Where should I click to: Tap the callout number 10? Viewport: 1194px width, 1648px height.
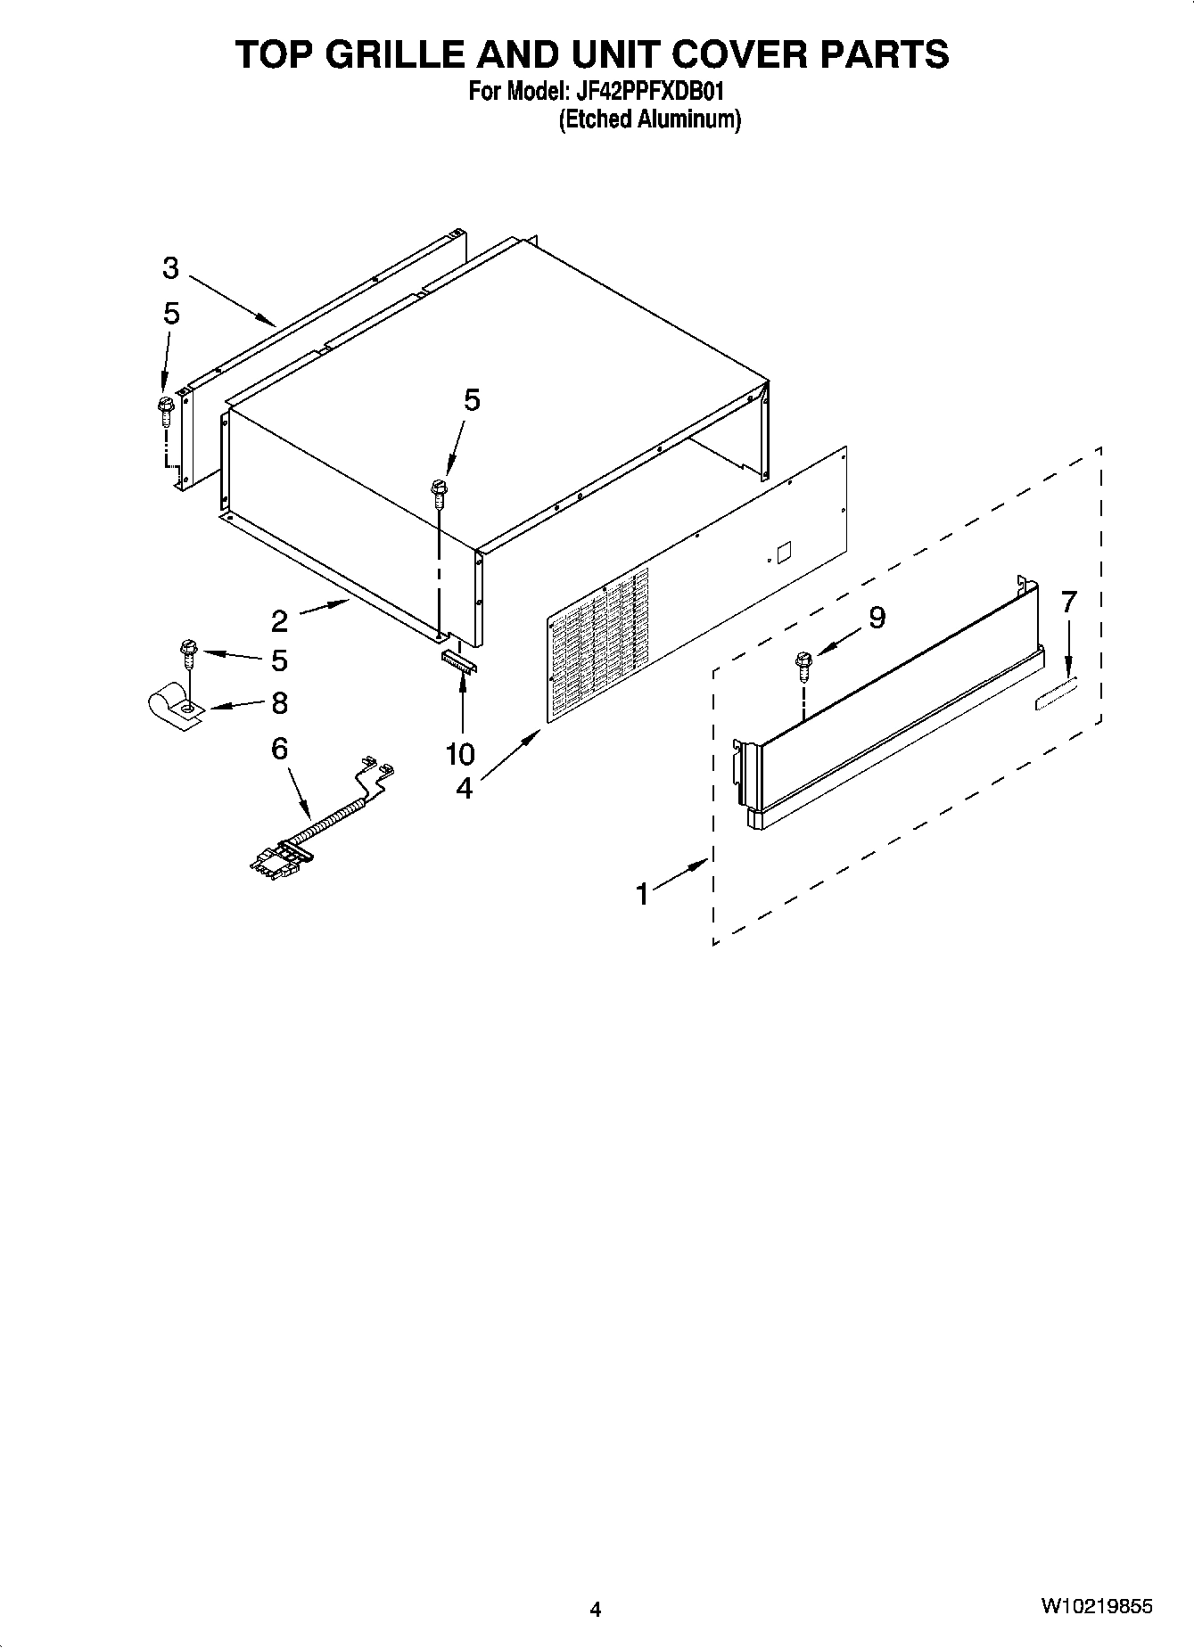460,754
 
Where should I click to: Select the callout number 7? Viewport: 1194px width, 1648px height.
1069,603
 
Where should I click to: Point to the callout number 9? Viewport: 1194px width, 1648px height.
877,617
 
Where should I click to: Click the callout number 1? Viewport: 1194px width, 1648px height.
643,894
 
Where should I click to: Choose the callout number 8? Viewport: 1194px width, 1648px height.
279,703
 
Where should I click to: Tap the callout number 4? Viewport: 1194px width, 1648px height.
464,788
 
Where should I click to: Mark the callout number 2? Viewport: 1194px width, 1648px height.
279,620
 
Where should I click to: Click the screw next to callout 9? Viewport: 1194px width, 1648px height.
803,663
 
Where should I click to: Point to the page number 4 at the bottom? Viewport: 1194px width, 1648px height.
596,1609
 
